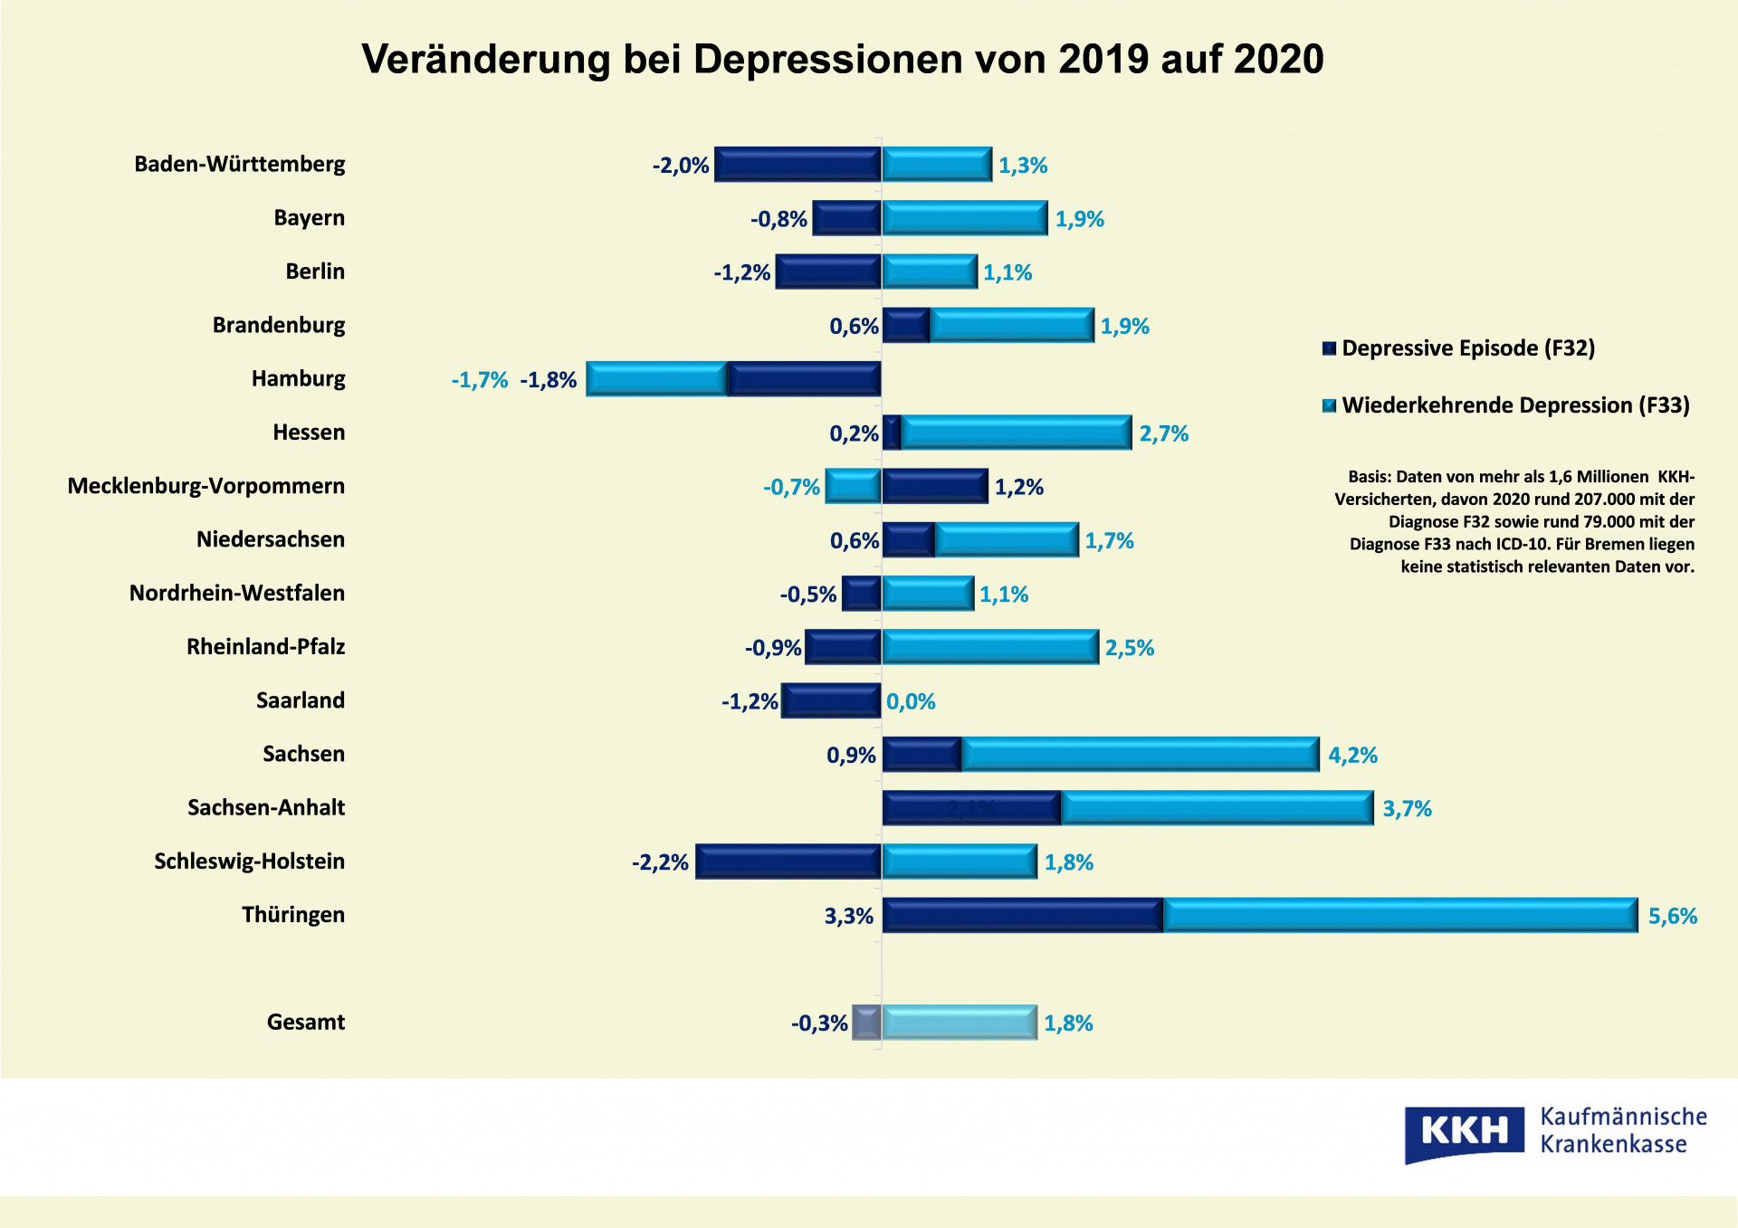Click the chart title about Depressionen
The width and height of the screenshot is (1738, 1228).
[x=842, y=60]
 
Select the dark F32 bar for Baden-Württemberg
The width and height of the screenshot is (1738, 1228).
[x=797, y=165]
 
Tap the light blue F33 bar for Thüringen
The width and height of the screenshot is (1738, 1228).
[x=1399, y=915]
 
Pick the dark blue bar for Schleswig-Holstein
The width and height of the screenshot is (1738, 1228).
[x=788, y=862]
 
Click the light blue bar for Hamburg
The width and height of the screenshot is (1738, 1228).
[x=656, y=379]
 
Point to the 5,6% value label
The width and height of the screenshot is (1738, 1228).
[x=1672, y=916]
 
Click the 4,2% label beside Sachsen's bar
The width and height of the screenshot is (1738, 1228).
[x=1352, y=755]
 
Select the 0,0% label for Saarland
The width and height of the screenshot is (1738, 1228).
[x=911, y=701]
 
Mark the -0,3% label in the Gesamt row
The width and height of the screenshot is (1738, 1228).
[x=819, y=1023]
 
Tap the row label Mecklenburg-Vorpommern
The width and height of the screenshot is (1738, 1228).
[x=206, y=486]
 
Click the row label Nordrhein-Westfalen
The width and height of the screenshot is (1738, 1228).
[x=237, y=593]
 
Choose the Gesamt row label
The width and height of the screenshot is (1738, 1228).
[x=306, y=1022]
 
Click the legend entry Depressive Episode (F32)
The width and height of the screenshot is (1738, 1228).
[x=1467, y=348]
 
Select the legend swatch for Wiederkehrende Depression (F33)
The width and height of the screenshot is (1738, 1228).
[x=1329, y=405]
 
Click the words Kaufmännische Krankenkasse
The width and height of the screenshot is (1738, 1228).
[x=1623, y=1130]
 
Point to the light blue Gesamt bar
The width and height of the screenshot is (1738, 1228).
[x=960, y=1023]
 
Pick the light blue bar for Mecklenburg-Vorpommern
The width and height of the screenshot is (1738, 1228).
[x=853, y=486]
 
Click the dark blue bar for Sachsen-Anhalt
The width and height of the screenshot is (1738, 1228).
[x=971, y=808]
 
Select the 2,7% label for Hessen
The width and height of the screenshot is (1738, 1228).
[x=1163, y=433]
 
